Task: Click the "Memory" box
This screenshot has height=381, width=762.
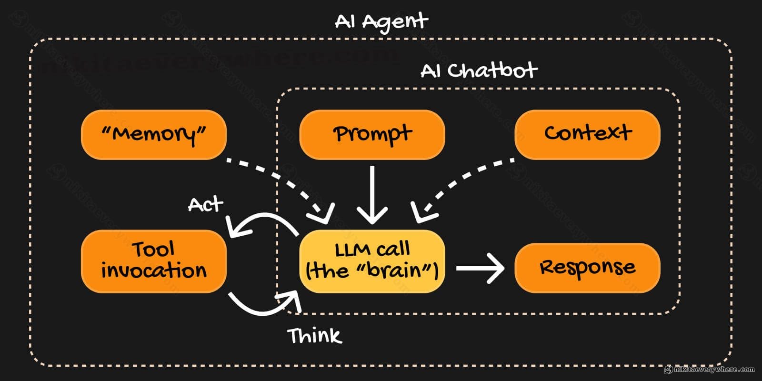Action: pos(153,134)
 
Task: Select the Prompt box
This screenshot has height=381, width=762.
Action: pos(372,134)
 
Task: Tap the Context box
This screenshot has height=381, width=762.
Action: pos(587,134)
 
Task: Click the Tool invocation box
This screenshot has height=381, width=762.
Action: pos(153,261)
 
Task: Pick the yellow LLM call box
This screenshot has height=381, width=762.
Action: pos(372,261)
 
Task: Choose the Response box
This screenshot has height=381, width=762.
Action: pos(587,267)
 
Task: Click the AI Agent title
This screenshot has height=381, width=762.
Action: pos(381,21)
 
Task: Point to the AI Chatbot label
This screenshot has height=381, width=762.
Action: pos(479,70)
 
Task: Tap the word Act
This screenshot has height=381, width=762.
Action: pos(205,205)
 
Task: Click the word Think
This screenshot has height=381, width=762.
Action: pos(314,336)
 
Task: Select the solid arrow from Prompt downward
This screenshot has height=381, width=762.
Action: pos(372,195)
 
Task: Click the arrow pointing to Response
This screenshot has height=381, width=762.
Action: pos(480,268)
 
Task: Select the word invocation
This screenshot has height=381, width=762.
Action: pos(153,271)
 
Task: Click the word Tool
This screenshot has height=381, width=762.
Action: pos(153,249)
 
